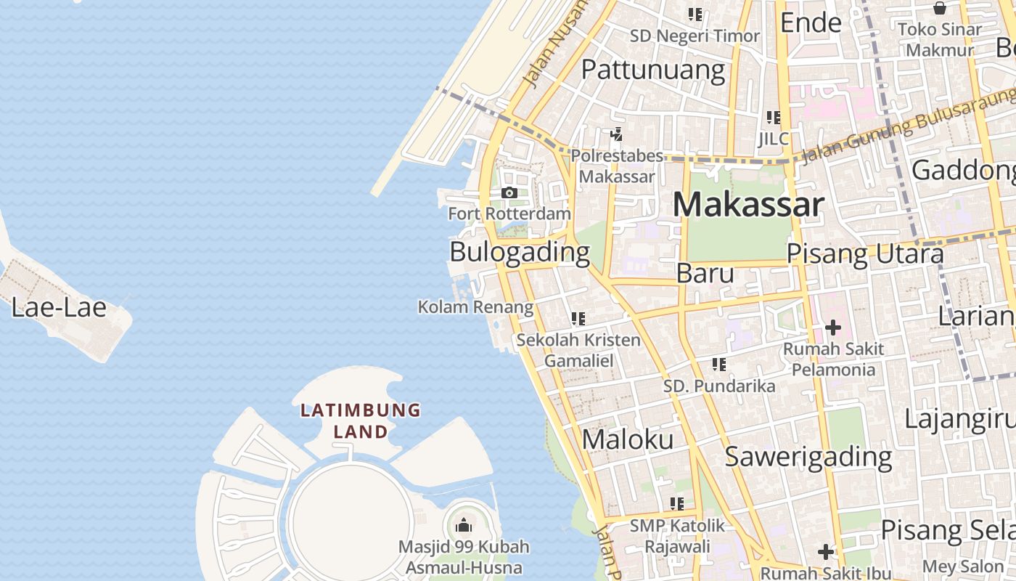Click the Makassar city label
[748, 205]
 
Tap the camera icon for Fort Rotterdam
[509, 192]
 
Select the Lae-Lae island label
[59, 307]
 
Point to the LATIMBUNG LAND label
[361, 420]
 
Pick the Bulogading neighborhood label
[520, 252]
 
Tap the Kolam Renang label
[475, 306]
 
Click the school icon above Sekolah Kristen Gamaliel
[578, 318]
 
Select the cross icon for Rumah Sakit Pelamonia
[832, 328]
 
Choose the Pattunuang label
[653, 70]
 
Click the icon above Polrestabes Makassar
[616, 134]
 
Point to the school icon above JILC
[774, 117]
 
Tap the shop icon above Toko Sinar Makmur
[940, 8]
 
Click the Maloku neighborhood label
[628, 439]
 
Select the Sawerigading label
[808, 456]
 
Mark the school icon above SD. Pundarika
[719, 364]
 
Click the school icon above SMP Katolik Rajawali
[677, 503]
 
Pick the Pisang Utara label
[865, 253]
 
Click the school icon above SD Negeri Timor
[695, 14]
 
